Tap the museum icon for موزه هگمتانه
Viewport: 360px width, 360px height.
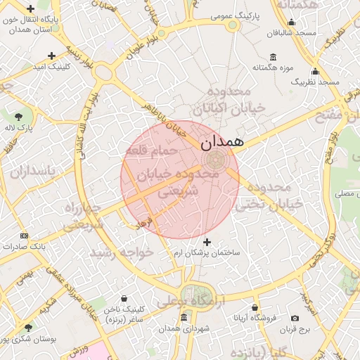(x=273, y=57)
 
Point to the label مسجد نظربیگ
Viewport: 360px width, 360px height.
(x=315, y=82)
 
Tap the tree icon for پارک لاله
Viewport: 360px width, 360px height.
(x=18, y=117)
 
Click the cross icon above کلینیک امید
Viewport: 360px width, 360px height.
(x=51, y=56)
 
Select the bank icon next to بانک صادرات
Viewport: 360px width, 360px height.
(x=25, y=236)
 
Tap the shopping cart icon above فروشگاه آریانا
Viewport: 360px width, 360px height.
(x=255, y=307)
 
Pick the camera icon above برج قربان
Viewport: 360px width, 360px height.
(x=304, y=319)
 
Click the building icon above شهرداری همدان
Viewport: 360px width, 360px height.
(x=184, y=318)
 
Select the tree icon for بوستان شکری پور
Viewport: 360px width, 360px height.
(x=28, y=327)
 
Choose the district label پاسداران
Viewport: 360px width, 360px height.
(x=27, y=171)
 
